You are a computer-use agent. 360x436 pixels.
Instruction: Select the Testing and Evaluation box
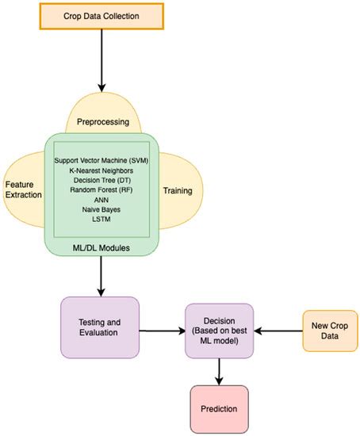(x=100, y=328)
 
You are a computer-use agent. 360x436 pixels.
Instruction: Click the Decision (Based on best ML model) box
(x=219, y=330)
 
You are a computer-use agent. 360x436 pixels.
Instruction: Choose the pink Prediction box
(x=218, y=408)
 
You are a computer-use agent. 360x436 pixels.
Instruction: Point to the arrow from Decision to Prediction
(x=218, y=369)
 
